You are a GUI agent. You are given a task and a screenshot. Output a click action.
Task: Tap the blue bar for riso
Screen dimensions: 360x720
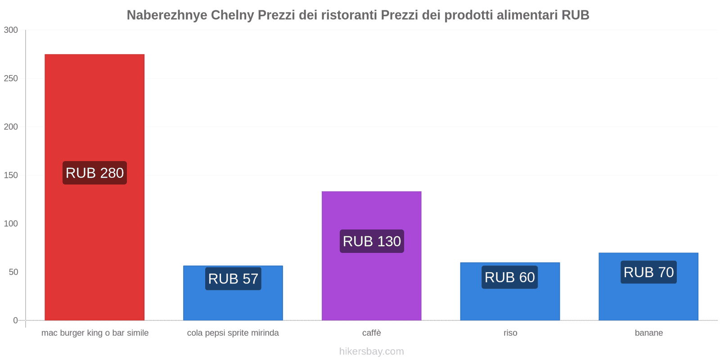(510, 301)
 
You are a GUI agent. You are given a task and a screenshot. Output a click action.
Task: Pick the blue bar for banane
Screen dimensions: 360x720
(648, 299)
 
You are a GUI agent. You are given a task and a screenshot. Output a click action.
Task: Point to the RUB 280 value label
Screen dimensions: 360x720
(94, 173)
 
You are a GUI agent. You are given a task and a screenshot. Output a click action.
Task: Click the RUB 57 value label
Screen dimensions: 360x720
(233, 279)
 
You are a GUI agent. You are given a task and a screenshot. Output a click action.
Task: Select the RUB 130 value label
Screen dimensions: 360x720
(372, 241)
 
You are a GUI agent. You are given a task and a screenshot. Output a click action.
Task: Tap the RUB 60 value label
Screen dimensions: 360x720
(510, 277)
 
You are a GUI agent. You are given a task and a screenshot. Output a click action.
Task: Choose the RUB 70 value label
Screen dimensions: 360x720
(648, 272)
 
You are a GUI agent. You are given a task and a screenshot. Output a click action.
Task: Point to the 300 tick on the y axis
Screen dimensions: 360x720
(11, 30)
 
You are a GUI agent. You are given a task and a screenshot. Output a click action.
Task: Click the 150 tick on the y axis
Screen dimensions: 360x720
(11, 175)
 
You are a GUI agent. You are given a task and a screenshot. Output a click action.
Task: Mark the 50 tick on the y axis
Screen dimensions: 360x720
(13, 272)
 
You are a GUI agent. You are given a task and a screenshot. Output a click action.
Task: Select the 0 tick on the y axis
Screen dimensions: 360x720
(15, 320)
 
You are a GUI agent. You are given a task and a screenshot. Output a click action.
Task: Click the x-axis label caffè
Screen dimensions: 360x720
(371, 333)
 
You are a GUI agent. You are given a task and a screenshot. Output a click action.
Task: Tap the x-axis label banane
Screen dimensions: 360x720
(648, 333)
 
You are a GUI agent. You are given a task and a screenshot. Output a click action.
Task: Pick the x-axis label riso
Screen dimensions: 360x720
(510, 333)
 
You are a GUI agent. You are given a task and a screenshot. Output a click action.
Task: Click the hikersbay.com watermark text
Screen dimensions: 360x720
(371, 351)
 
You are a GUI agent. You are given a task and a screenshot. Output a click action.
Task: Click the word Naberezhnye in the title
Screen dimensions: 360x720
(167, 15)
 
